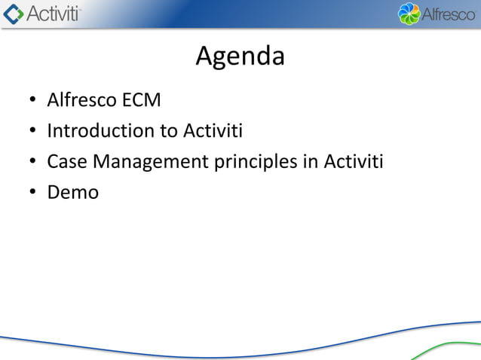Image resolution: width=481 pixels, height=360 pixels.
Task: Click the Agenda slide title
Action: [x=240, y=56]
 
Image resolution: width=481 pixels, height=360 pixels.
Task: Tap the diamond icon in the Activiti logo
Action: [x=13, y=14]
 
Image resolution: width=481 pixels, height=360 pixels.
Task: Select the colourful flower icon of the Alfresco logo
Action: [x=408, y=14]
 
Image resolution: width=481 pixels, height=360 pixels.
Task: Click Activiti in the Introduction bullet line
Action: [x=213, y=131]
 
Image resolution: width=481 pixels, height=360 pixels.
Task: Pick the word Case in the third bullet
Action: [x=66, y=162]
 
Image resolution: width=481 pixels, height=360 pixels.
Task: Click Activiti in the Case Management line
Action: [x=354, y=162]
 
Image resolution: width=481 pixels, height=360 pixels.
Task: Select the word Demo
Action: [x=72, y=193]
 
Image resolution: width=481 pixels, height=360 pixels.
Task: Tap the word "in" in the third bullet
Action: [x=312, y=162]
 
